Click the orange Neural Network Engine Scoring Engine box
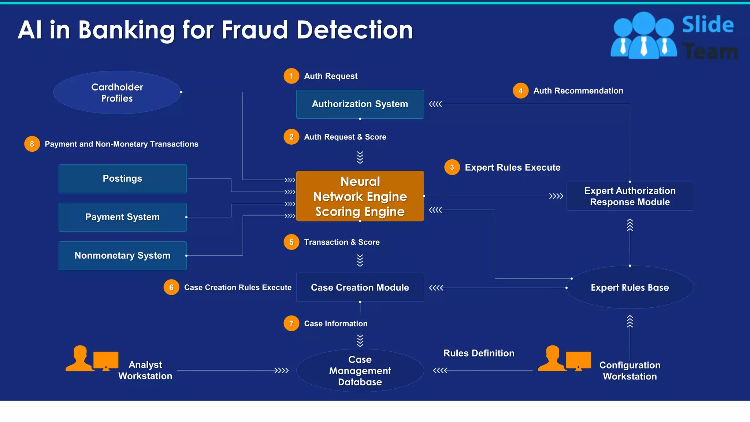[360, 196]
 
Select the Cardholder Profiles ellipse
[117, 93]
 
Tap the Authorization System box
[360, 104]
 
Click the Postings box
[122, 179]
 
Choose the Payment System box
[122, 217]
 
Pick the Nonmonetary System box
[122, 256]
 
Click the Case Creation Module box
[360, 288]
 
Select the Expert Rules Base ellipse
[630, 288]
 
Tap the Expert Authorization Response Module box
[630, 196]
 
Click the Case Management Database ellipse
[360, 371]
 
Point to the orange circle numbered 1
[291, 76]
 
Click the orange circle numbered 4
[520, 91]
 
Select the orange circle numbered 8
[32, 144]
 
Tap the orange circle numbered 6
[171, 288]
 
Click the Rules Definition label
[479, 353]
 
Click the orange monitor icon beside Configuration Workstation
[578, 360]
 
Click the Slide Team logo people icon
[643, 36]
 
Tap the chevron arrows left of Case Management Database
[281, 371]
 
